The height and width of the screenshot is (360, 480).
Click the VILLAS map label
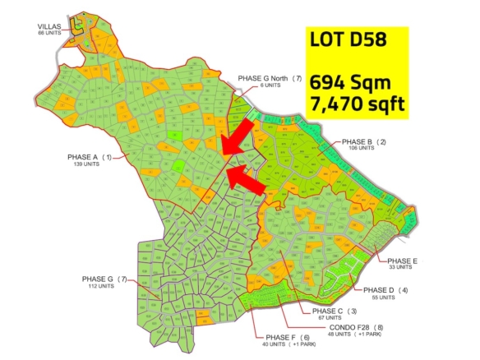(51, 26)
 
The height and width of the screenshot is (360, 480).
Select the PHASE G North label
(270, 78)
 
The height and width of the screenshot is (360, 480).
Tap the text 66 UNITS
(51, 33)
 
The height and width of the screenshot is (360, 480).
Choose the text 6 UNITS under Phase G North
(269, 85)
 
